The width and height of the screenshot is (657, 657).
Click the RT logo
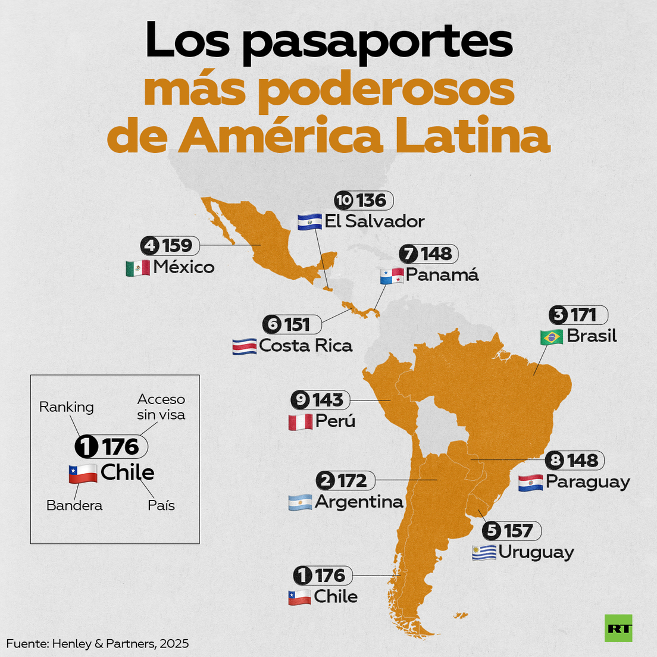click(x=618, y=628)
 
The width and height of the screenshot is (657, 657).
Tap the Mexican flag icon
click(x=137, y=268)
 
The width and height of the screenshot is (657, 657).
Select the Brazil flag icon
click(x=552, y=337)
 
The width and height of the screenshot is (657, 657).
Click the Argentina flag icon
click(x=300, y=503)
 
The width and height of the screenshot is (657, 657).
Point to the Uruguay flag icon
click(x=484, y=553)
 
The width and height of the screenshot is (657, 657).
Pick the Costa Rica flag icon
click(x=244, y=347)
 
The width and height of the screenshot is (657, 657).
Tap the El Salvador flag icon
click(x=309, y=222)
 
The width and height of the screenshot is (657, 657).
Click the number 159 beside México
click(x=177, y=245)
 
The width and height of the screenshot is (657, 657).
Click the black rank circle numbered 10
click(x=343, y=201)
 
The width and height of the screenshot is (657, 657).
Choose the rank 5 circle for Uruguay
click(x=492, y=530)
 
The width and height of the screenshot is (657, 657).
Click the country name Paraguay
click(x=587, y=481)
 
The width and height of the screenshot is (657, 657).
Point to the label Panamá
click(x=442, y=274)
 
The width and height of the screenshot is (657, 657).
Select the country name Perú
click(x=335, y=421)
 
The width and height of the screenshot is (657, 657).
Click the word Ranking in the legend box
click(x=67, y=407)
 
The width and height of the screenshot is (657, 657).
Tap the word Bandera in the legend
click(x=74, y=505)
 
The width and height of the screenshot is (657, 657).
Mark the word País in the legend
click(x=161, y=505)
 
